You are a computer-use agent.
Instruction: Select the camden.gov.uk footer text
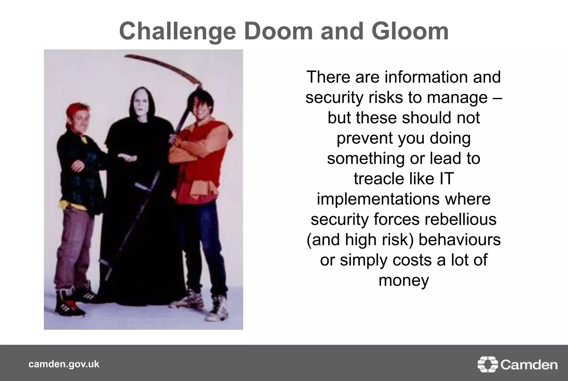pyautogui.click(x=64, y=364)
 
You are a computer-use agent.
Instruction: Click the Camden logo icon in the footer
pyautogui.click(x=487, y=364)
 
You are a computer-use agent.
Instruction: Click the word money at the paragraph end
pyautogui.click(x=404, y=280)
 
